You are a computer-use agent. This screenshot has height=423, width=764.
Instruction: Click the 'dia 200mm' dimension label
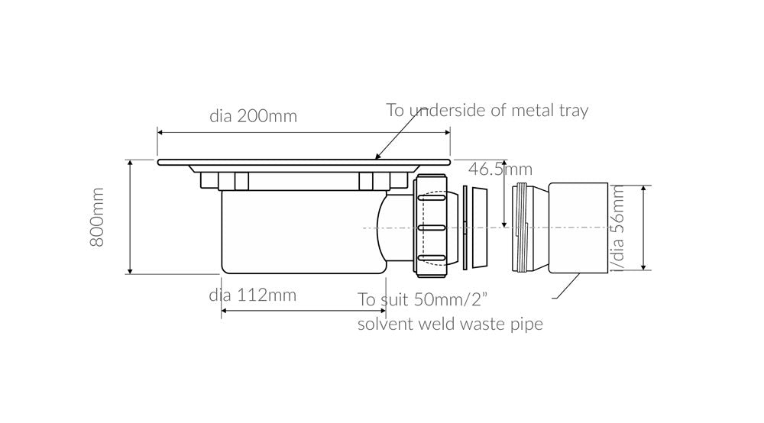point(253,117)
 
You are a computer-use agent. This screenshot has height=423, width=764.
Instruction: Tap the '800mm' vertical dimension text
point(98,218)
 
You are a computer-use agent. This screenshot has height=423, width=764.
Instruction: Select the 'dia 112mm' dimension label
point(253,295)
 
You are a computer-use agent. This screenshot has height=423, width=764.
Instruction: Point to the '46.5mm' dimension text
point(500,170)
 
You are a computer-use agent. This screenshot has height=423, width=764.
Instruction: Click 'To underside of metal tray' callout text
point(487,110)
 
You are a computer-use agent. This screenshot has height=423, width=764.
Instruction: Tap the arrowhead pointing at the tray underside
point(377,158)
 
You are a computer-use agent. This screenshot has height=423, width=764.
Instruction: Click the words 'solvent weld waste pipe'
point(450,324)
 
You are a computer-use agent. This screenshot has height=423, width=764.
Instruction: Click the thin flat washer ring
point(464,228)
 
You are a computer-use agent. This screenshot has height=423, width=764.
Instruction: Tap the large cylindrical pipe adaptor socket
point(578,228)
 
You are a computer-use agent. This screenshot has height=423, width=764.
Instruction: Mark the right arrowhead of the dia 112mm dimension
point(383,310)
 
